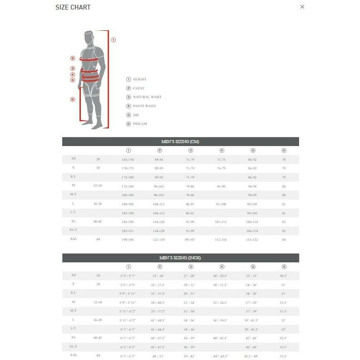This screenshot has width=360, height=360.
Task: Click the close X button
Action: (x=302, y=6)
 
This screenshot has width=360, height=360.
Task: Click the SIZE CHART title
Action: (x=73, y=7)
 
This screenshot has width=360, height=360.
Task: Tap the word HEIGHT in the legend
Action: (x=140, y=80)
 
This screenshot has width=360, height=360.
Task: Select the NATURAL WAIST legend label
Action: (x=147, y=97)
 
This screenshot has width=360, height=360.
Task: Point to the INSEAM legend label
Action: (x=140, y=124)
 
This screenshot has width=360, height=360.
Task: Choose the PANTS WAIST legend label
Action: (x=144, y=106)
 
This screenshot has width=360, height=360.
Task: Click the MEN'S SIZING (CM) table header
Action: (x=180, y=142)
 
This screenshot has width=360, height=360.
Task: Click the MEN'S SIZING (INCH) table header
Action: (x=180, y=258)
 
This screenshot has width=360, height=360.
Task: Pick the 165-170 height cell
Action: (x=128, y=160)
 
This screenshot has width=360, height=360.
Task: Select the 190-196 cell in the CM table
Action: (x=128, y=239)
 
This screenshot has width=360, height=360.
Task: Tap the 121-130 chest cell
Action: (x=159, y=239)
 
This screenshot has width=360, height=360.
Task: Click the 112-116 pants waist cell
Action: (x=221, y=239)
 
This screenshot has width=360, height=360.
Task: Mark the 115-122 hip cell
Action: (x=252, y=239)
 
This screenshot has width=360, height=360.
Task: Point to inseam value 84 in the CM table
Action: (x=284, y=239)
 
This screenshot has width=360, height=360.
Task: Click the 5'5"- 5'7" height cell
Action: (x=128, y=276)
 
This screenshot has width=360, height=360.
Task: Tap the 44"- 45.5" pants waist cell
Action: (x=221, y=356)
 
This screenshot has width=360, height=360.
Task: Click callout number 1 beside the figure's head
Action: (x=114, y=40)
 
